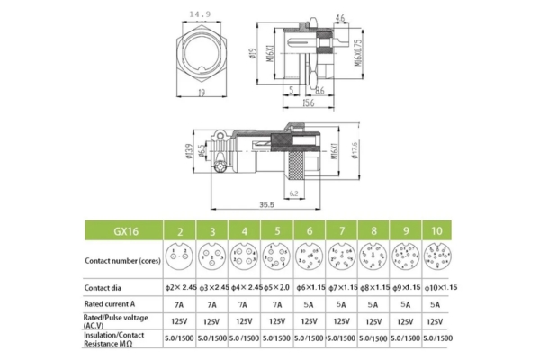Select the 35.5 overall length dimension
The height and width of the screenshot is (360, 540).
click(267, 204)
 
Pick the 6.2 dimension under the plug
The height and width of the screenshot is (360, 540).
click(294, 193)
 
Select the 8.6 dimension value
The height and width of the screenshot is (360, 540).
click(320, 91)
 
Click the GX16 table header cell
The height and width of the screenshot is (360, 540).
click(120, 230)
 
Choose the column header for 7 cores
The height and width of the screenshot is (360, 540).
click(341, 230)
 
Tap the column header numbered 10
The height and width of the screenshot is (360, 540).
click(437, 230)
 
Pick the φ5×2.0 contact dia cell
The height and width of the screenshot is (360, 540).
click(275, 287)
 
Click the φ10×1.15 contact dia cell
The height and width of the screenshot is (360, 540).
click(437, 287)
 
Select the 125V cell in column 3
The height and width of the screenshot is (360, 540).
click(211, 320)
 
